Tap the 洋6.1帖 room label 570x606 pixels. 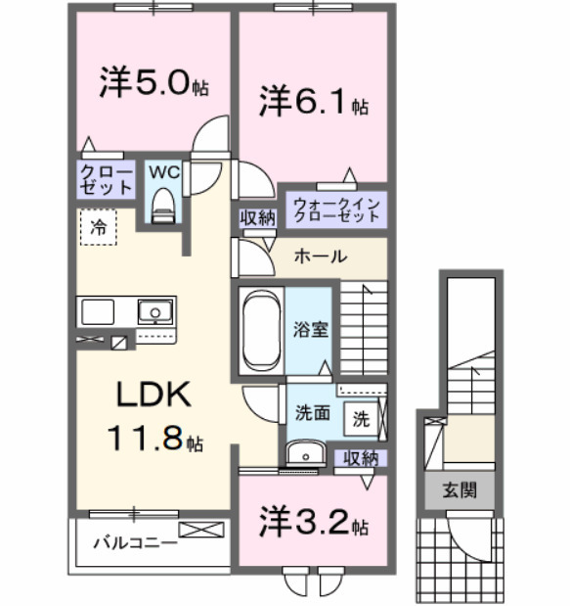tap(313, 103)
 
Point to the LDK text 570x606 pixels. tap(153, 395)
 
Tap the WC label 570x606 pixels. tap(163, 171)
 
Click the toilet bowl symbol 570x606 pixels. tap(163, 206)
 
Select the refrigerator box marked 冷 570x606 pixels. tap(99, 227)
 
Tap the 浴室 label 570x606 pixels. tap(313, 329)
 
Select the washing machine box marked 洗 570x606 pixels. tap(361, 418)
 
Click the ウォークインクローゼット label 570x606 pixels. tap(336, 210)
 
